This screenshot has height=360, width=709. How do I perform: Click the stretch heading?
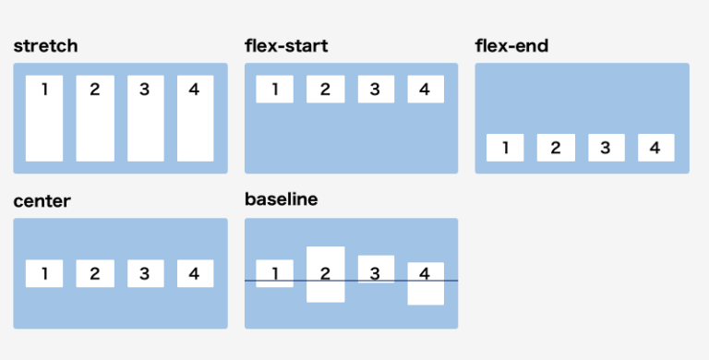(45, 45)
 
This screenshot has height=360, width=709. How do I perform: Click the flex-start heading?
(285, 45)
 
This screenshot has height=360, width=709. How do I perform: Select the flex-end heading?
(511, 45)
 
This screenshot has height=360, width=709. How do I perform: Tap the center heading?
(42, 200)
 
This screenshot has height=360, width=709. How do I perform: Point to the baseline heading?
(281, 199)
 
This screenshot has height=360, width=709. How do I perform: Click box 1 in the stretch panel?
(44, 118)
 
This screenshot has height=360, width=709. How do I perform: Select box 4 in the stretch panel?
(194, 118)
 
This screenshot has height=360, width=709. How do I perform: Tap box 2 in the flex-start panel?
(325, 90)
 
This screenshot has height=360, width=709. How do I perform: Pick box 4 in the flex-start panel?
(425, 90)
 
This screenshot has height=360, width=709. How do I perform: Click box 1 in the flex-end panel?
(505, 148)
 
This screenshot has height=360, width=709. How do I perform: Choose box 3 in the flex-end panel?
(606, 148)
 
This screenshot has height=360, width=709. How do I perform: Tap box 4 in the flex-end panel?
(655, 148)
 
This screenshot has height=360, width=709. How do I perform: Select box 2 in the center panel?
(94, 273)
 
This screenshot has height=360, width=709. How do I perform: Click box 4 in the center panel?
(194, 273)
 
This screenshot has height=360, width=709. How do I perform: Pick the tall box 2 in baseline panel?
(325, 273)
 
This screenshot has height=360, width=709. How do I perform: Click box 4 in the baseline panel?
(425, 283)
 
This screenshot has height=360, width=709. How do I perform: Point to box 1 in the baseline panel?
(274, 273)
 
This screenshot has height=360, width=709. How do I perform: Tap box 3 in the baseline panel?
(375, 270)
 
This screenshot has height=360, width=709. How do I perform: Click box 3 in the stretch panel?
(145, 118)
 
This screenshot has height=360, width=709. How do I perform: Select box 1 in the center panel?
(44, 273)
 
